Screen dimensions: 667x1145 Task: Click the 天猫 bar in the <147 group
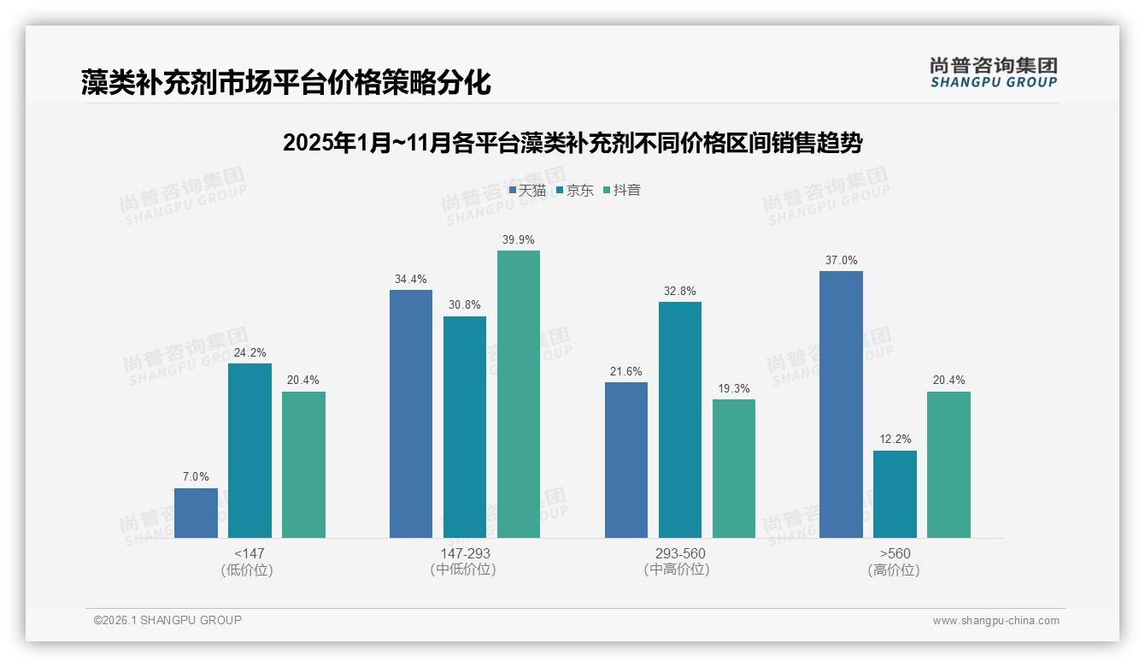(196, 513)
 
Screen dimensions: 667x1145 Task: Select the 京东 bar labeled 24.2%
(250, 451)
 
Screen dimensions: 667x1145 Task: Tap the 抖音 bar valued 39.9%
(519, 394)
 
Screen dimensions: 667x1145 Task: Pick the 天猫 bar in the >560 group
(841, 404)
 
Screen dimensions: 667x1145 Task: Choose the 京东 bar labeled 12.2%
(895, 494)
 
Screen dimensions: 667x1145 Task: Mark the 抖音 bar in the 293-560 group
(734, 469)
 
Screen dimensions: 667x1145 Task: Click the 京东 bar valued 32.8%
(680, 420)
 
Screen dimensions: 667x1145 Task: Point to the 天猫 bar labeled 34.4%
(411, 414)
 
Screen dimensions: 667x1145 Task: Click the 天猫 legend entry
(527, 190)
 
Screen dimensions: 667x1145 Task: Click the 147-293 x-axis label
(465, 553)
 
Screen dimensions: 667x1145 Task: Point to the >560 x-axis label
(895, 553)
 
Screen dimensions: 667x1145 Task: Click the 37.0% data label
(841, 260)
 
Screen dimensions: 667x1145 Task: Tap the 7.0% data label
(196, 477)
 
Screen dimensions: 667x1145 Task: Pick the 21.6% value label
(626, 371)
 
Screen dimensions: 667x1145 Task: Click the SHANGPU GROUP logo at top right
(994, 73)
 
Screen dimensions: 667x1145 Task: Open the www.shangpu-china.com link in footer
(995, 621)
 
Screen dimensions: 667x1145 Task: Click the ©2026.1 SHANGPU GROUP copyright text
(167, 620)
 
